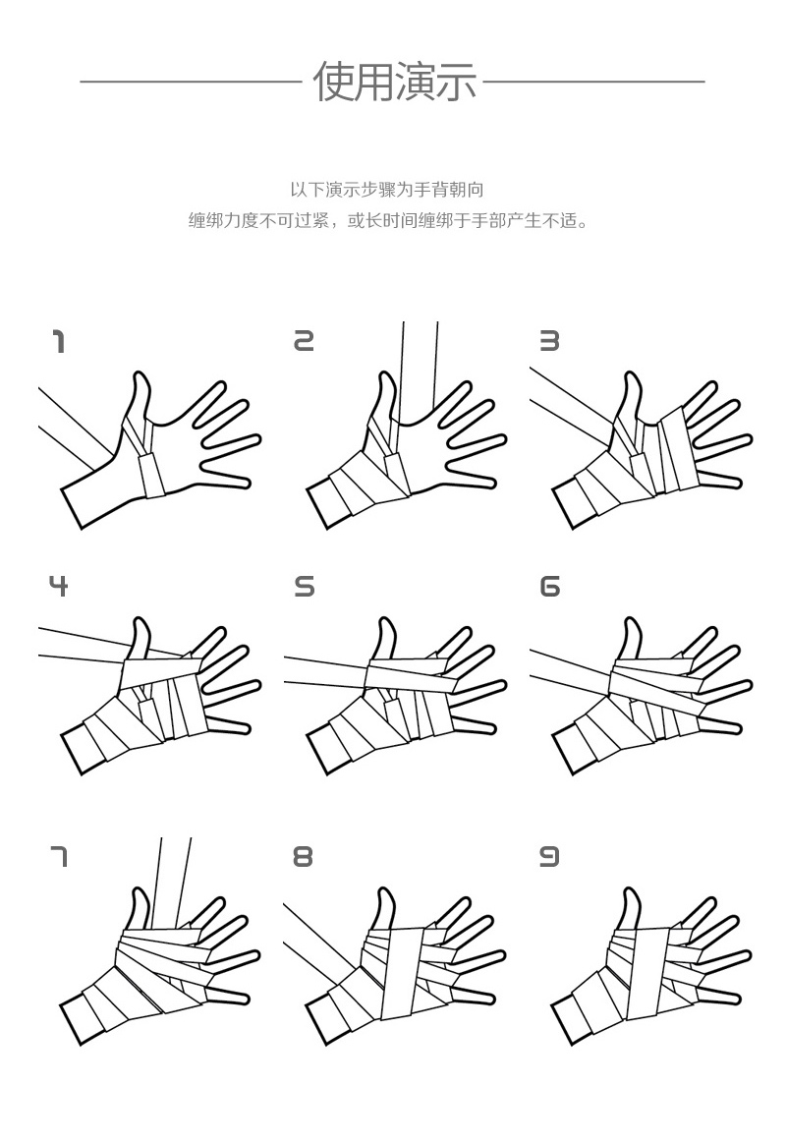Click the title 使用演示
[394, 81]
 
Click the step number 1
[59, 342]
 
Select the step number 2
[304, 341]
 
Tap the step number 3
[549, 341]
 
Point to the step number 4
[59, 586]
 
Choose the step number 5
[305, 587]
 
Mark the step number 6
[549, 587]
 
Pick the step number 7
[59, 857]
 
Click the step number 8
[304, 857]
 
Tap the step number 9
[549, 857]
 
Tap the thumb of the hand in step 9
[631, 909]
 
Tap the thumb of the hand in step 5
[386, 639]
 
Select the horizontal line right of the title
[593, 82]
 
